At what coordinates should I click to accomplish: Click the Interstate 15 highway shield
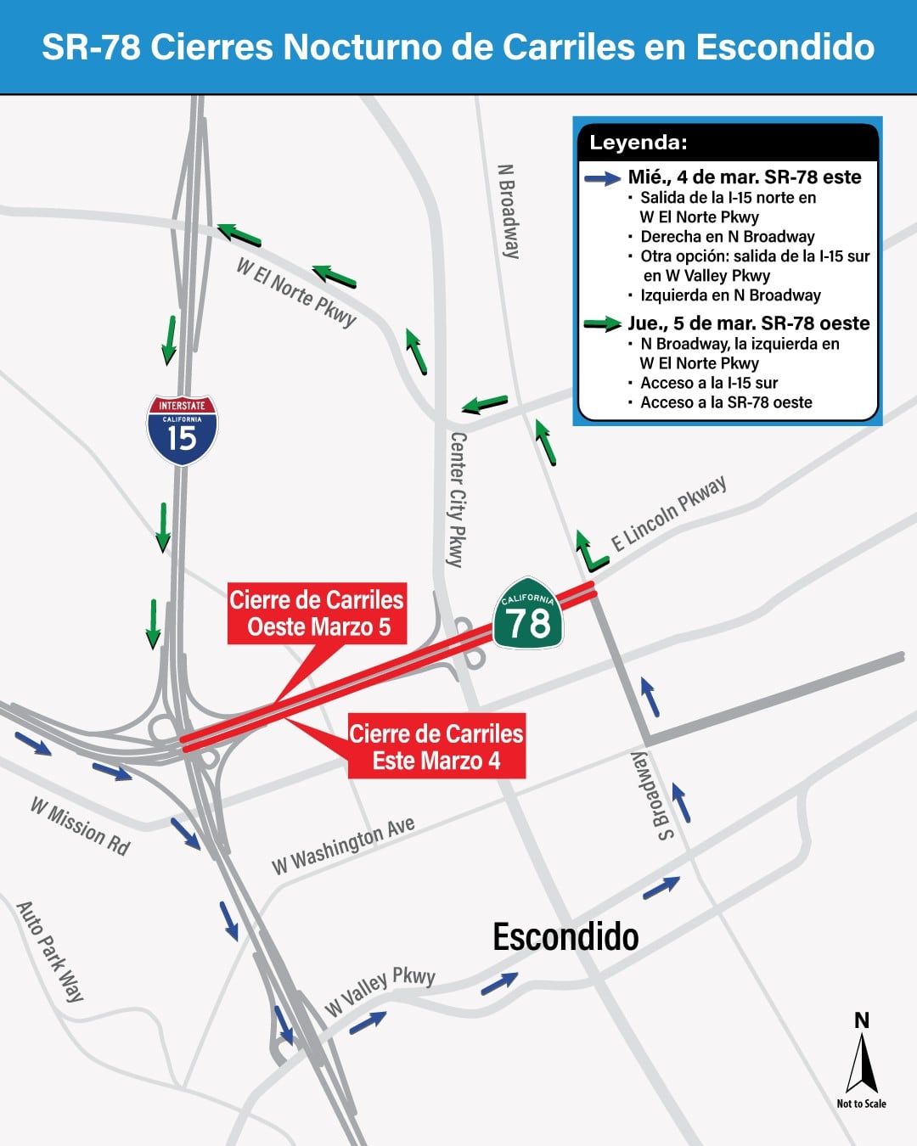tap(183, 430)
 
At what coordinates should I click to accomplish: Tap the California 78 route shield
tap(528, 615)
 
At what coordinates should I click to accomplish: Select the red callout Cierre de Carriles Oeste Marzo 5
tap(316, 613)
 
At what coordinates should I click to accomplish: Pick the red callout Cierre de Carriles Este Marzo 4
tap(436, 747)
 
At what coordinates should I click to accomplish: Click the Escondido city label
tap(565, 937)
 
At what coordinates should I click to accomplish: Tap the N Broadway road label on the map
tap(508, 211)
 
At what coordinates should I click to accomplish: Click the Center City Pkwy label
tap(457, 499)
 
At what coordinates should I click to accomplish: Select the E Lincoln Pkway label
tap(669, 514)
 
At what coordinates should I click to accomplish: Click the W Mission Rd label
tap(81, 826)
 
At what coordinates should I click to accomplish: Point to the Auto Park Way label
tap(51, 951)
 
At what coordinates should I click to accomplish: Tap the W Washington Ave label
tap(343, 845)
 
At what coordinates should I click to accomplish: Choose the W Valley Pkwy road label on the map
tap(380, 991)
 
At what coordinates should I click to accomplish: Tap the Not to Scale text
tap(861, 1104)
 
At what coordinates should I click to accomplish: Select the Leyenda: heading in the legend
tap(639, 143)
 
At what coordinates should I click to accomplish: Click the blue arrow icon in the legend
tap(603, 178)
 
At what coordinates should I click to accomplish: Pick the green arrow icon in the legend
tap(603, 323)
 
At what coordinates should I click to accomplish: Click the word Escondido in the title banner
tap(785, 48)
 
